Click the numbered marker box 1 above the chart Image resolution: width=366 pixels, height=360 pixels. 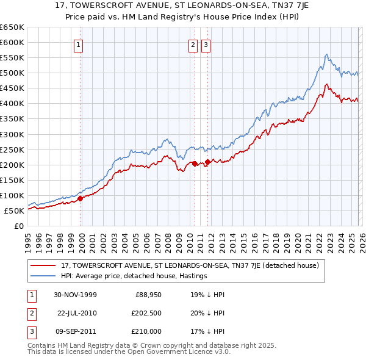[x=80, y=44]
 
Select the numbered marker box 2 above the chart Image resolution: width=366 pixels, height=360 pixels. [x=193, y=44]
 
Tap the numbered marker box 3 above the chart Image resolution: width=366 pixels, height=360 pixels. [x=206, y=44]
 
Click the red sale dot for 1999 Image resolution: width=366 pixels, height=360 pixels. [x=81, y=198]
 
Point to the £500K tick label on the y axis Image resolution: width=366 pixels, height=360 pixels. [x=12, y=73]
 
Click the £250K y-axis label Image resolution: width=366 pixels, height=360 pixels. [x=12, y=149]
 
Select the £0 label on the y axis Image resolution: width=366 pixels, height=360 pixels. [x=19, y=226]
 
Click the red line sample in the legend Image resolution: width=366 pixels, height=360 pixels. [x=43, y=266]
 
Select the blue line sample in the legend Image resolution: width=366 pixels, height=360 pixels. [x=43, y=276]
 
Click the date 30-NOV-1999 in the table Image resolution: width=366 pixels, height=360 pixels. [x=76, y=295]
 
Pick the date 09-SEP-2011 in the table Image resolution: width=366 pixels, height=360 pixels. [x=76, y=331]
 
